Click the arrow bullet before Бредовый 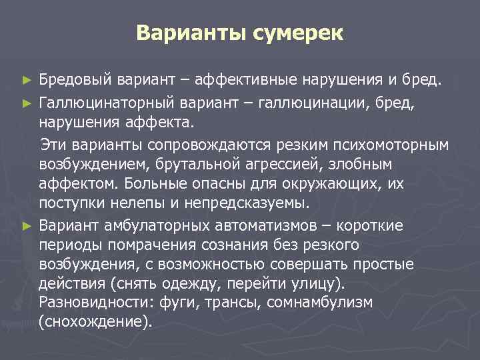click(x=27, y=81)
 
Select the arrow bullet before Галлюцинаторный click(x=27, y=103)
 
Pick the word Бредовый click(x=76, y=81)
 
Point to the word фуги click(x=178, y=303)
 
